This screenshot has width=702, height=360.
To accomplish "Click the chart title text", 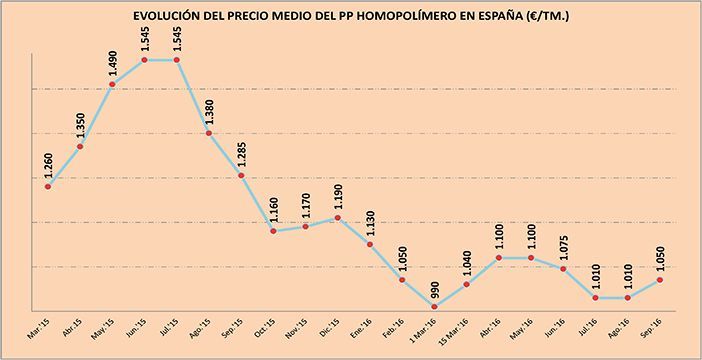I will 351,17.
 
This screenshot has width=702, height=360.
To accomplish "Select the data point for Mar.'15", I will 48,187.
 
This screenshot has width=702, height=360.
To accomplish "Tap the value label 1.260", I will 49,164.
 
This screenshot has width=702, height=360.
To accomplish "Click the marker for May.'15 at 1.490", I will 113,84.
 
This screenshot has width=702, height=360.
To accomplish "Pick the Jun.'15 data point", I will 146,60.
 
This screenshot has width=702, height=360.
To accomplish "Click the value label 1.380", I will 210,110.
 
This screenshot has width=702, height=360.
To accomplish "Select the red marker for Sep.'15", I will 242,176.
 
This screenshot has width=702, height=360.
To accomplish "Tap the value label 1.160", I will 274,209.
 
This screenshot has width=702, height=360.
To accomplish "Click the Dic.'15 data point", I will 339,218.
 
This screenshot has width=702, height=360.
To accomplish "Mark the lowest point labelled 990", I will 435,306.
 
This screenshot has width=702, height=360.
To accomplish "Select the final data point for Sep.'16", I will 660,280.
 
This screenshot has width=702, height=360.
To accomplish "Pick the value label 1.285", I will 242,153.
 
